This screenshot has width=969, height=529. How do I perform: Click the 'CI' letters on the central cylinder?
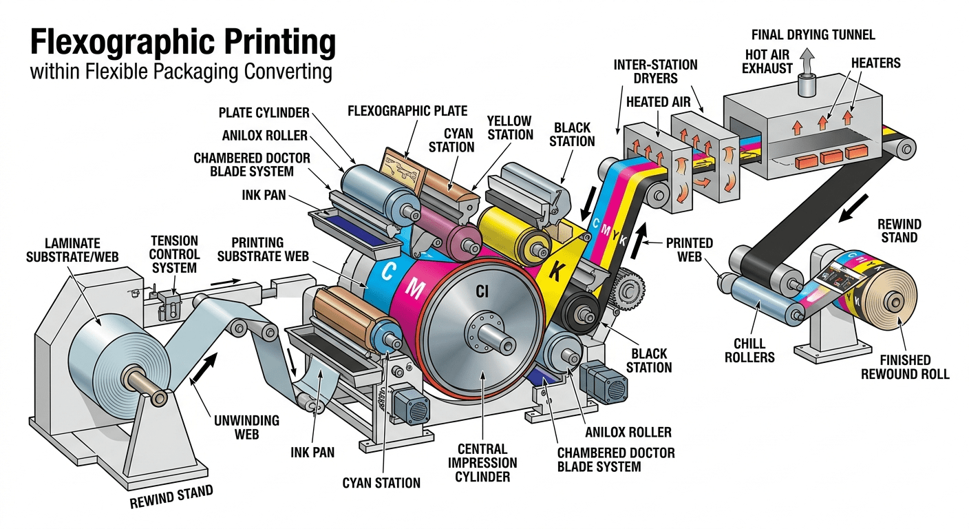coord(482,292)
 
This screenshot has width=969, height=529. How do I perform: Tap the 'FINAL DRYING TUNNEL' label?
coord(813,34)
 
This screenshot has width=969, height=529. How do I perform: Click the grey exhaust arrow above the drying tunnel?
coord(807,63)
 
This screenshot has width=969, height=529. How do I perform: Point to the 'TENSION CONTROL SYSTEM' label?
coord(175,253)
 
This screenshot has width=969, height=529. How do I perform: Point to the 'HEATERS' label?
coord(875,63)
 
